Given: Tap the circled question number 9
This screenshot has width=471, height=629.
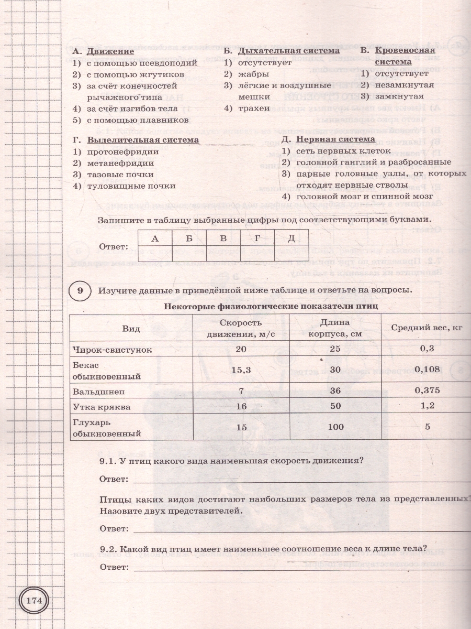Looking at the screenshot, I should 80,290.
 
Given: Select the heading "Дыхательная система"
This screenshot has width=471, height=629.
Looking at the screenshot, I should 289,51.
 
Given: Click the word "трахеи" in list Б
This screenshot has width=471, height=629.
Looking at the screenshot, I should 254,109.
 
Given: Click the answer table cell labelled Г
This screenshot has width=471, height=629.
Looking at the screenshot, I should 257,238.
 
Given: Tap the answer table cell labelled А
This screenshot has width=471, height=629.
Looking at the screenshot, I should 154,238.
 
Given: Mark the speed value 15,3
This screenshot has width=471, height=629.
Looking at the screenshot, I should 241,370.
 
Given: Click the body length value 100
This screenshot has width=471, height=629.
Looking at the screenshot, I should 335,427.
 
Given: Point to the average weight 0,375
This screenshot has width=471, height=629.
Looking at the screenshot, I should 427,391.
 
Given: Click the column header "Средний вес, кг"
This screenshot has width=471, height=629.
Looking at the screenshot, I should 427,328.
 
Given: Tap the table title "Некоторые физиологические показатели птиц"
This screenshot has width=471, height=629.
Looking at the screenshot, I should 271,306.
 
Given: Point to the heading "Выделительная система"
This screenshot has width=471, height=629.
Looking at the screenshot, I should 143,140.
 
